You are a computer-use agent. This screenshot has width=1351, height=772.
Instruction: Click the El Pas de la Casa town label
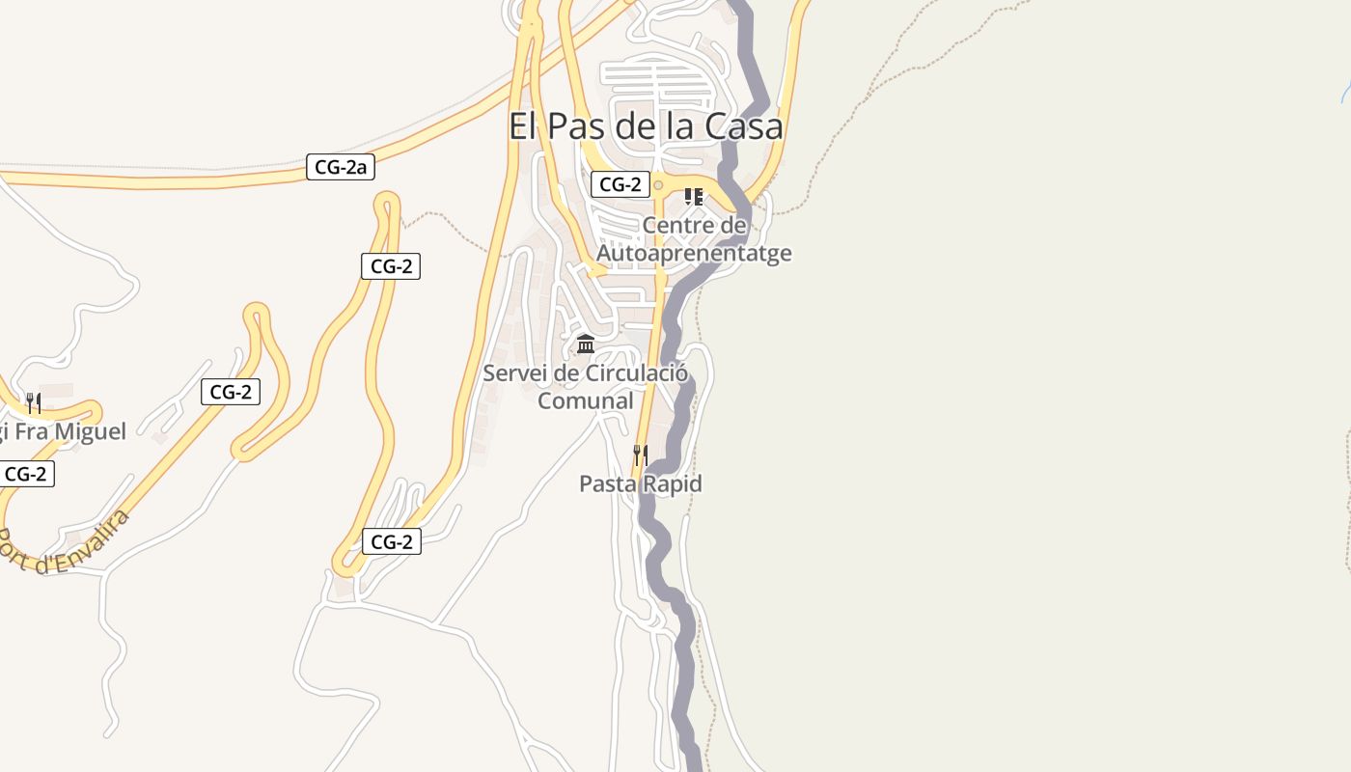click(646, 126)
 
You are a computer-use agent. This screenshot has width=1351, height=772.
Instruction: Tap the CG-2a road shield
click(341, 167)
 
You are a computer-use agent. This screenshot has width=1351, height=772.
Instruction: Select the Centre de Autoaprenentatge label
click(694, 239)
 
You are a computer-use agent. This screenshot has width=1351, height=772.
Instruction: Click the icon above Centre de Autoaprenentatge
click(693, 197)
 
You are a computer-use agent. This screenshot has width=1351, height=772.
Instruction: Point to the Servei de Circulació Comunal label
click(585, 386)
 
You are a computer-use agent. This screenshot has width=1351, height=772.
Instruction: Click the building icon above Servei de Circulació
click(585, 345)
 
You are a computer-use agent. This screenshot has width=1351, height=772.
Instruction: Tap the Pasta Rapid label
click(640, 483)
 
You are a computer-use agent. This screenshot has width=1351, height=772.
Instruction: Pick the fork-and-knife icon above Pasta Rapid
click(640, 455)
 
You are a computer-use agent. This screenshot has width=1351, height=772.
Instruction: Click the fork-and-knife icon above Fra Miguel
click(34, 402)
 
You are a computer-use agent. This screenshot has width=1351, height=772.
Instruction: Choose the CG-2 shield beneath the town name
click(620, 184)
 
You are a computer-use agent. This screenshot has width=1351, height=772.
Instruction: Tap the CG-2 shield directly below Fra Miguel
click(26, 474)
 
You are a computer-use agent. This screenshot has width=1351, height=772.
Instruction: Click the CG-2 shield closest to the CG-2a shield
click(391, 266)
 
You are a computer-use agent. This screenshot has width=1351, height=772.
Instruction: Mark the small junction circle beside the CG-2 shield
click(658, 185)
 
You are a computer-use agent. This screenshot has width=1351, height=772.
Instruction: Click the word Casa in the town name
click(743, 126)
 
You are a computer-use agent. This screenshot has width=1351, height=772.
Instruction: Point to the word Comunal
click(585, 400)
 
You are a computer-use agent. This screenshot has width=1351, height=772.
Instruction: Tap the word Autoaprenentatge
click(694, 253)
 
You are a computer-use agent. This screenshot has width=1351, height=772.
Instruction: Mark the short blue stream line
click(1345, 93)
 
